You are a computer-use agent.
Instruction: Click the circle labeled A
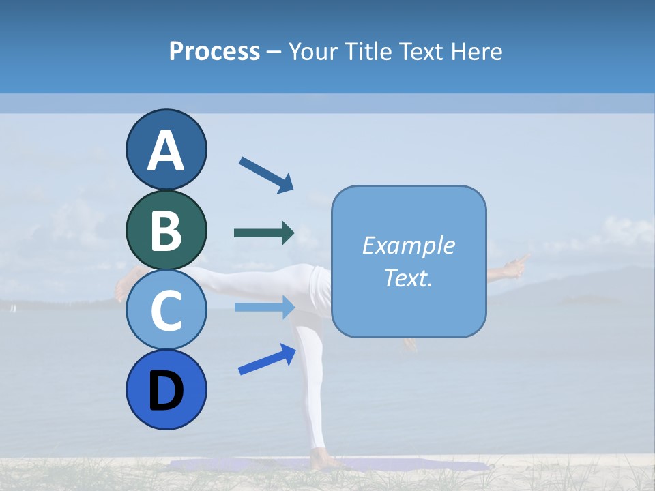(x=166, y=150)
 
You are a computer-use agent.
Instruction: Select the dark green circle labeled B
(x=166, y=230)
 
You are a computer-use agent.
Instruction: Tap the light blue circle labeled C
(x=166, y=310)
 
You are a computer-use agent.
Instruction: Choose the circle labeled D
(x=166, y=389)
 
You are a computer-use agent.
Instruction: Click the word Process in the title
(x=214, y=51)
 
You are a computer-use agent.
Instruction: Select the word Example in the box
(x=408, y=245)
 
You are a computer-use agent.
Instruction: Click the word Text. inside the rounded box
(x=408, y=278)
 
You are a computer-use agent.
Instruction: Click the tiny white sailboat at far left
(x=12, y=308)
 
